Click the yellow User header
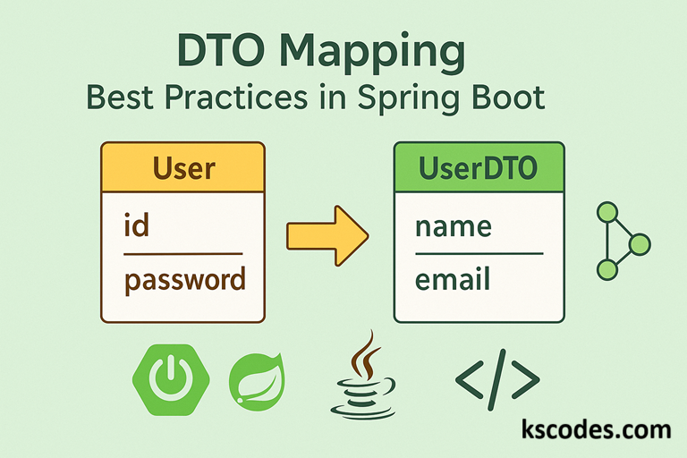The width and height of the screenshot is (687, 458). tap(182, 167)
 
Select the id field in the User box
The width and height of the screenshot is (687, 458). tap(136, 225)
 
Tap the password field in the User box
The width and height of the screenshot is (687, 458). tap(184, 280)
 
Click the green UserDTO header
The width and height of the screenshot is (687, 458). tap(479, 167)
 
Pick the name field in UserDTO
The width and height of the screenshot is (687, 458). tap(454, 225)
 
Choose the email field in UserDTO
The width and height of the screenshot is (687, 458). tap(452, 280)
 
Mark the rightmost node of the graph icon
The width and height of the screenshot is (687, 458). tap(640, 242)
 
